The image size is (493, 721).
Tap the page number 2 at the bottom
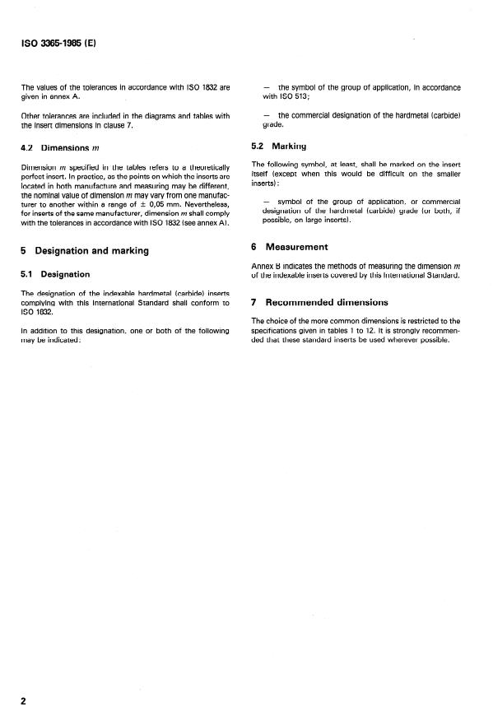pyautogui.click(x=24, y=700)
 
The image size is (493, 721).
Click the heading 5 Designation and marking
pyautogui.click(x=85, y=251)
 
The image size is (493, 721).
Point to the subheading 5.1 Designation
pyautogui.click(x=55, y=274)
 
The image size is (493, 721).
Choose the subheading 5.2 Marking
pyautogui.click(x=278, y=147)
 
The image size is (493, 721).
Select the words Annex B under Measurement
pyautogui.click(x=267, y=266)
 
